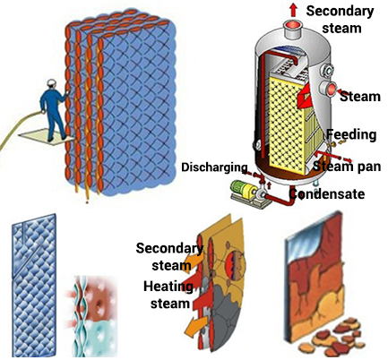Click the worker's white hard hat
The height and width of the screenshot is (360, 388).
(x=52, y=82)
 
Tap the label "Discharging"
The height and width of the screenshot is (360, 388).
(x=214, y=167)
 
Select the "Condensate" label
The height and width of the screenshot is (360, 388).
(x=327, y=193)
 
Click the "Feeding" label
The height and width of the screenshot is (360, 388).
(x=351, y=134)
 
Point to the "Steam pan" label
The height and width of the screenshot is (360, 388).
(x=347, y=166)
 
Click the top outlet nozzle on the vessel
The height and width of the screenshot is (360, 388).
(x=294, y=30)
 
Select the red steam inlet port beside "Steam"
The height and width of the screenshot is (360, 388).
(x=329, y=89)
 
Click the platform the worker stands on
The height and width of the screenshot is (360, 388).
(x=46, y=137)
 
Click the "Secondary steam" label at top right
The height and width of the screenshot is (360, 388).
(x=341, y=20)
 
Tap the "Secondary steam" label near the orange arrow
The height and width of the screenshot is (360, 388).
(x=169, y=257)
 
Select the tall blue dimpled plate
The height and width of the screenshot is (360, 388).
(x=34, y=285)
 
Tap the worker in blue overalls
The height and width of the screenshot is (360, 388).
(x=54, y=110)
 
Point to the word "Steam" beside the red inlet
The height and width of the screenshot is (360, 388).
(x=360, y=97)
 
